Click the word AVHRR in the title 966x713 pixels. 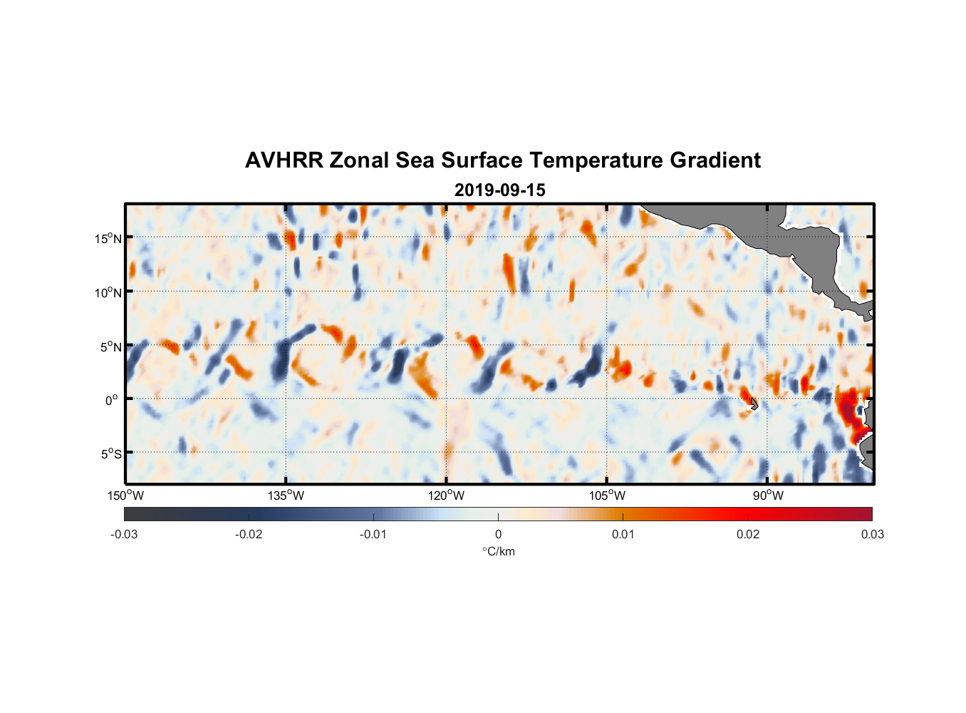click(284, 160)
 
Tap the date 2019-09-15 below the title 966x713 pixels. click(499, 190)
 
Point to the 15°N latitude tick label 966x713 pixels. click(108, 238)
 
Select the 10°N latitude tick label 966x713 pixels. click(108, 292)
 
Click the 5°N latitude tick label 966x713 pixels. click(110, 347)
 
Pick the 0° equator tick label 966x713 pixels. click(112, 400)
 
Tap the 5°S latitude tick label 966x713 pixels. click(110, 453)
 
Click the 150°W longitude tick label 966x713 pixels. click(125, 496)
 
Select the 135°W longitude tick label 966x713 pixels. click(286, 496)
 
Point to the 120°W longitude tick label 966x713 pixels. click(446, 496)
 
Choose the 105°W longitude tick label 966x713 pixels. click(607, 496)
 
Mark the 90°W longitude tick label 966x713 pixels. click(768, 496)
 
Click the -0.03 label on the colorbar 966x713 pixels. click(124, 534)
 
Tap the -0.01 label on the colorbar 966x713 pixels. click(373, 534)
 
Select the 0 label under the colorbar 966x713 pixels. click(498, 534)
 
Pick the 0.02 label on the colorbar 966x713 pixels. click(748, 534)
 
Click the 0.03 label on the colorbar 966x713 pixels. click(872, 534)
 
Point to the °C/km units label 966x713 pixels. click(499, 551)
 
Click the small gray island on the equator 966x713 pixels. click(754, 404)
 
